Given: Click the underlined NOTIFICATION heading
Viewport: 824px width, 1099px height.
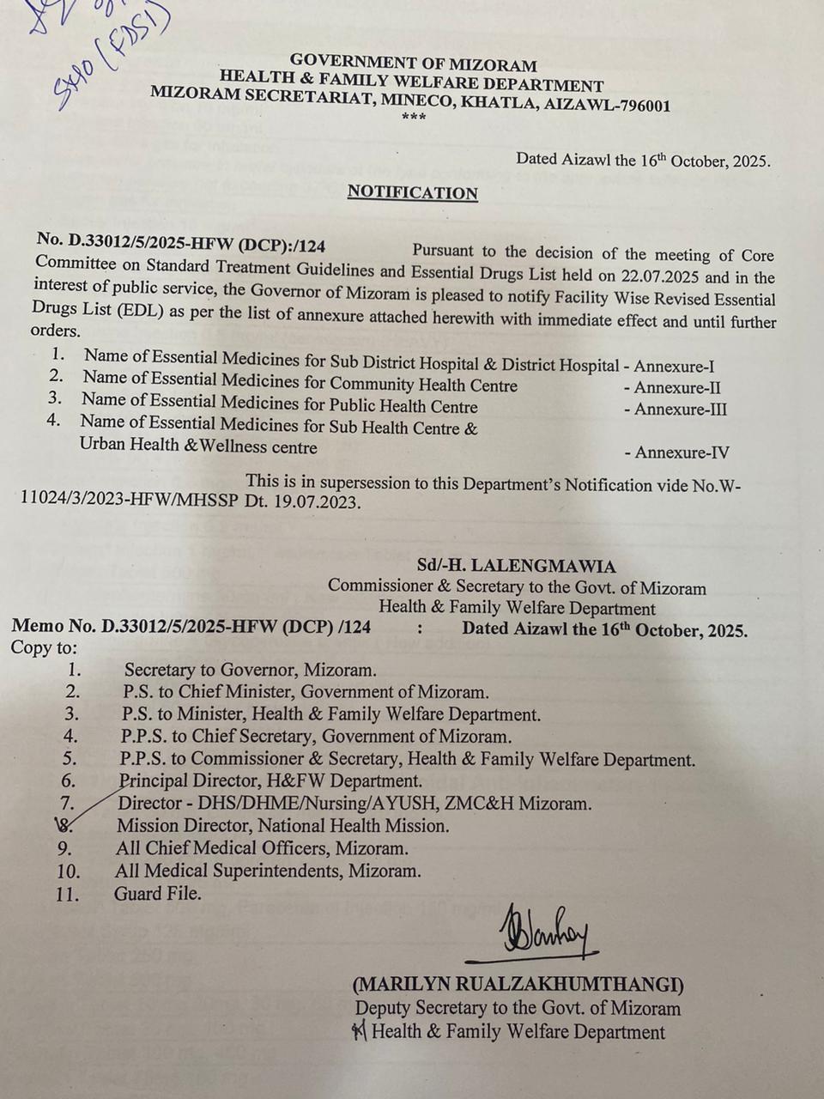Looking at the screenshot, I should click(412, 193).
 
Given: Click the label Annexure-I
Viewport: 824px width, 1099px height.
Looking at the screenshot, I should click(674, 366).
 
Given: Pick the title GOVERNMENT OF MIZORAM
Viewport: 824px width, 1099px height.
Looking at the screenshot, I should click(413, 64).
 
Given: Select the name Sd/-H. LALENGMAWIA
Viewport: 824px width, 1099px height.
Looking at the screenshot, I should click(516, 567).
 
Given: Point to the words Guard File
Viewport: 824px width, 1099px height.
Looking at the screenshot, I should click(158, 894).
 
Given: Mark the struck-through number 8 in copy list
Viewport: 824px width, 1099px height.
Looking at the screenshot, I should click(64, 825).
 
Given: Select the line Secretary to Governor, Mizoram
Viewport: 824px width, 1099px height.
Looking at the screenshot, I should click(250, 670).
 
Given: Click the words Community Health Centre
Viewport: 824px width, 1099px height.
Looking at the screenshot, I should click(423, 385).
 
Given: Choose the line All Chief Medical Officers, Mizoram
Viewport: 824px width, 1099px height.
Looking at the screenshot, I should click(262, 848).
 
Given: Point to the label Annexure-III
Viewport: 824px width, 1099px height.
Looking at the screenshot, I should click(680, 410).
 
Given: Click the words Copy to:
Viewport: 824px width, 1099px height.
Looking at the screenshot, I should click(44, 647).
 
